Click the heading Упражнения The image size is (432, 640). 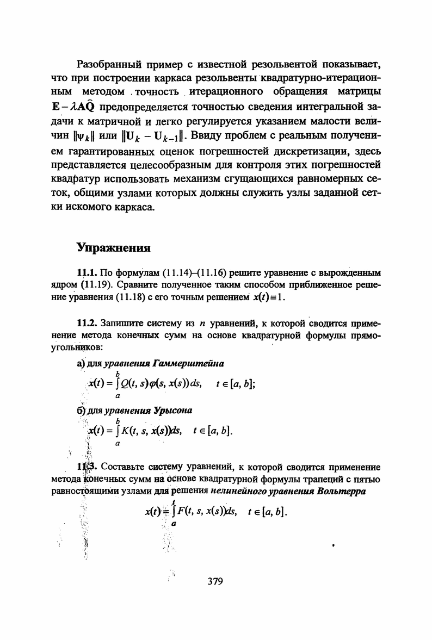pyautogui.click(x=113, y=248)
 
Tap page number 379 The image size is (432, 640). pyautogui.click(x=215, y=582)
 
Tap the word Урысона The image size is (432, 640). pyautogui.click(x=173, y=410)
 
